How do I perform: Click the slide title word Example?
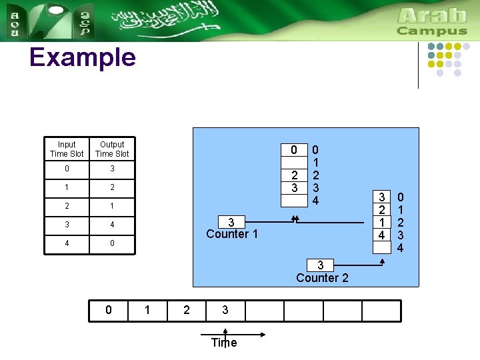coord(82,58)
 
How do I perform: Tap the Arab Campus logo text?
coord(432,21)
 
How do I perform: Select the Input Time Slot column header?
coord(67,149)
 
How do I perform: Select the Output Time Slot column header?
coord(112,149)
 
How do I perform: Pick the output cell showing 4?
coord(112,225)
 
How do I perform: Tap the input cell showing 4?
coord(67,243)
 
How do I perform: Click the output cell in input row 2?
coord(112,206)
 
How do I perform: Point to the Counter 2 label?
coord(321,273)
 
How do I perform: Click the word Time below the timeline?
coord(224,343)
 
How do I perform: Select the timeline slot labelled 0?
coord(109,311)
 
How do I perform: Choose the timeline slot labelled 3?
coord(225,311)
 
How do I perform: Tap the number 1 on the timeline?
coord(148,311)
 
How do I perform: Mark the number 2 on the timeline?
coord(187,311)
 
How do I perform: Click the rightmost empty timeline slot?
coord(381,311)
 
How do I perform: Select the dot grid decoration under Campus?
coord(453,60)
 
